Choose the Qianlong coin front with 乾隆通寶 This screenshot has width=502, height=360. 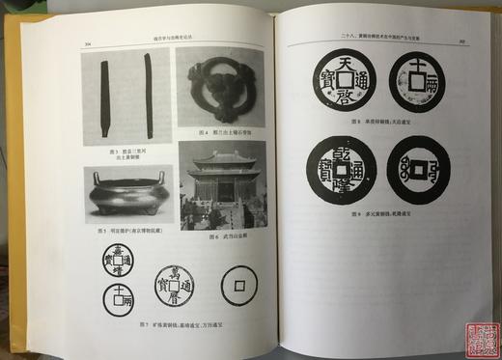pyautogui.click(x=343, y=169)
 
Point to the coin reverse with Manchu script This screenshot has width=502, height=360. pyautogui.click(x=418, y=170)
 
